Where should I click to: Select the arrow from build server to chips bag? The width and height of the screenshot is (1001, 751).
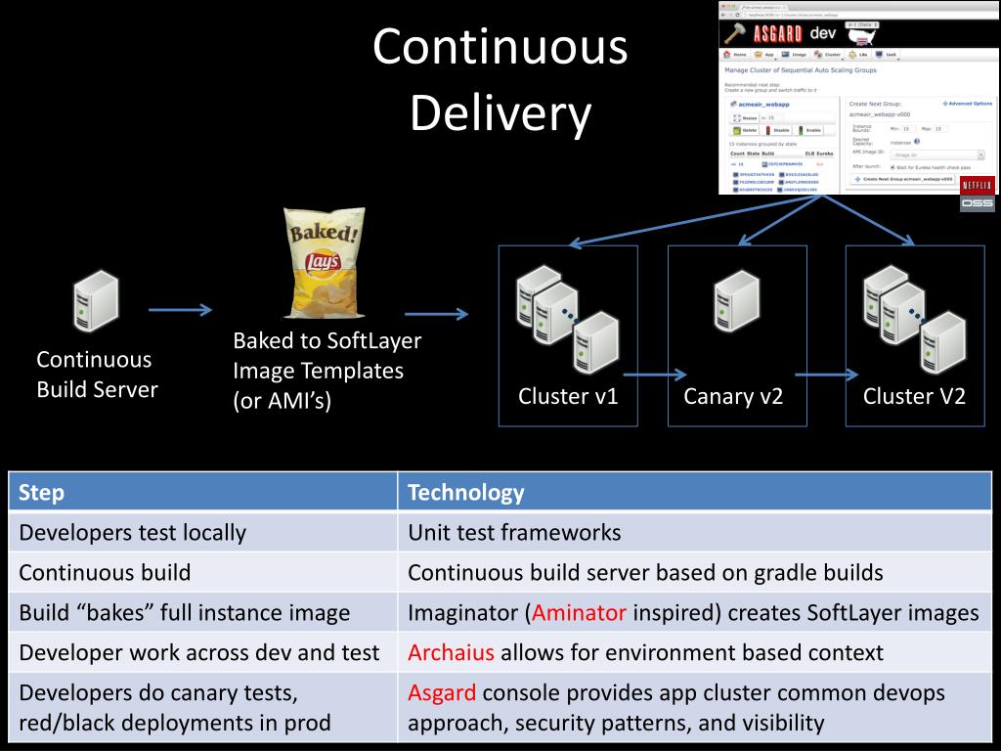pos(180,310)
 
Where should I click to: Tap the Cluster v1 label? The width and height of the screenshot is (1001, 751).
pos(568,396)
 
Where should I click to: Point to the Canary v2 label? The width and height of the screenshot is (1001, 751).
pos(733,396)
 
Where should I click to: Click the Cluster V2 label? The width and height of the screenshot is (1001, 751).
pos(914,396)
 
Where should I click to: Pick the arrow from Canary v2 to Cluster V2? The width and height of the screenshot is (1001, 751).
pos(827,374)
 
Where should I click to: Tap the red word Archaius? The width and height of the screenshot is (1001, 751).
pos(451,652)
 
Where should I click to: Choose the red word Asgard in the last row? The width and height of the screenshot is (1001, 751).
pos(442,692)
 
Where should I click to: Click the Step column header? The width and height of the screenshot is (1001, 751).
pos(42,492)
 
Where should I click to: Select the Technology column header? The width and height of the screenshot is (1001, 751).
pos(465,492)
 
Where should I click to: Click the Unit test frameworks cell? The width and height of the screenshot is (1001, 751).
pos(514,533)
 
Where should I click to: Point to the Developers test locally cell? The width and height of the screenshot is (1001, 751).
pos(132,533)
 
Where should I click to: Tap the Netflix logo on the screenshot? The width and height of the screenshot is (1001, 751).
pos(978,184)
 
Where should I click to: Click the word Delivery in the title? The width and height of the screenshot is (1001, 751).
pos(500,114)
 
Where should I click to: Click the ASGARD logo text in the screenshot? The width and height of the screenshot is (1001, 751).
pos(777,33)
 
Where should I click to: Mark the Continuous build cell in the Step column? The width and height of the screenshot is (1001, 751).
pos(105,573)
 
